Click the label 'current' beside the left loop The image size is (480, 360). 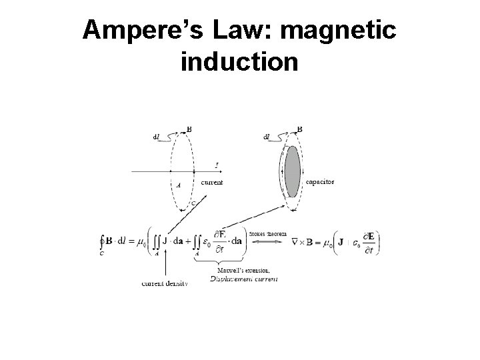pyautogui.click(x=211, y=182)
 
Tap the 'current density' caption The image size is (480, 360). pyautogui.click(x=165, y=283)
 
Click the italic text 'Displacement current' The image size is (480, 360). pyautogui.click(x=244, y=278)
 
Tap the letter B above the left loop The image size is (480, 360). pyautogui.click(x=189, y=129)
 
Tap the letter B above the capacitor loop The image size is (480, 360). pyautogui.click(x=299, y=129)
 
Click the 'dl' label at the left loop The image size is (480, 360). pyautogui.click(x=156, y=137)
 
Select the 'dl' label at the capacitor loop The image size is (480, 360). pyautogui.click(x=267, y=137)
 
